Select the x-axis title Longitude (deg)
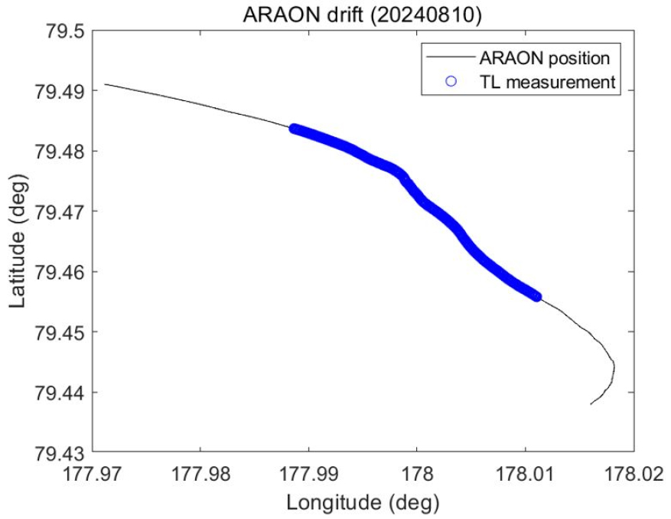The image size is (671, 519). pos(362,503)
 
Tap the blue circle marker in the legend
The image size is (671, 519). pos(451,82)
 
